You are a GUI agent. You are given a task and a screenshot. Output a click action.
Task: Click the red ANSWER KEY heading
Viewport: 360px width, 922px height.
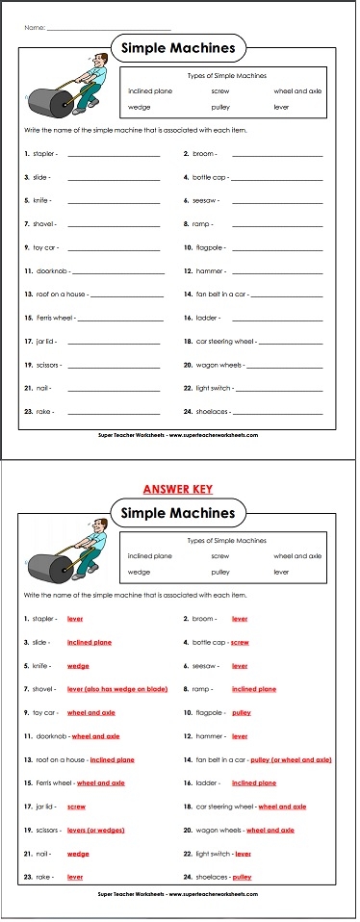[x=179, y=487]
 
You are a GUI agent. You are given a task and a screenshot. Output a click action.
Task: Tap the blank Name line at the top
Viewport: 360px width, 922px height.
[x=108, y=30]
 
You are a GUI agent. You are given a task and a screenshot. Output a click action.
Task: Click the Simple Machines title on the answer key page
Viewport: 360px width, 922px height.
[x=178, y=513]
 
